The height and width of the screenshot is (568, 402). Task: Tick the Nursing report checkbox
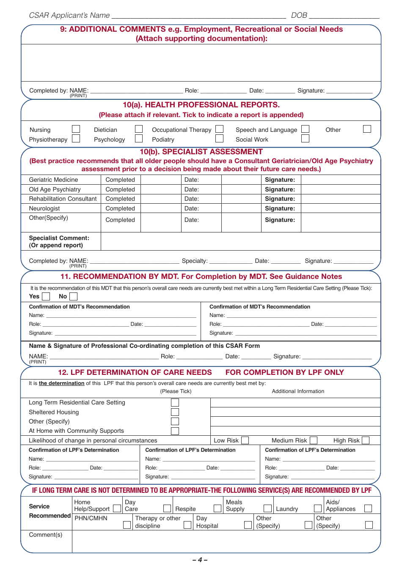[76, 129]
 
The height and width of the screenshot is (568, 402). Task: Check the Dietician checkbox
[139, 129]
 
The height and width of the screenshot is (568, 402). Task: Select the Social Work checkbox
[305, 139]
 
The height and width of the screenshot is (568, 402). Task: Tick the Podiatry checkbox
[219, 139]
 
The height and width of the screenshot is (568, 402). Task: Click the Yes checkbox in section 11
[46, 297]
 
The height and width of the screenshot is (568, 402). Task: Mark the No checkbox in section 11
[74, 297]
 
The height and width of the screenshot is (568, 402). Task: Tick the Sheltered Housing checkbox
[175, 412]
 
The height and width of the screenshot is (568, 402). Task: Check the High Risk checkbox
[366, 440]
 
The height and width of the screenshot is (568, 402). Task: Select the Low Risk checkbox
[245, 440]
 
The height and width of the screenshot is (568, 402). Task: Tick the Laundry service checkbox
[318, 508]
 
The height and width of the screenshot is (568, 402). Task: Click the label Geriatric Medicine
[53, 180]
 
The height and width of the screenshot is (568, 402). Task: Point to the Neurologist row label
[44, 208]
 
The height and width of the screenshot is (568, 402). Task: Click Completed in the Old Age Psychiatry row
[120, 189]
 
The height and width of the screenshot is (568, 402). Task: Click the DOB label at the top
[299, 15]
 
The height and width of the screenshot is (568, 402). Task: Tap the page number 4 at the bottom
[200, 560]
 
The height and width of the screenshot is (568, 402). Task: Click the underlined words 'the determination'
[61, 383]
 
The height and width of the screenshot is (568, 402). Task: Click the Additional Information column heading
[298, 391]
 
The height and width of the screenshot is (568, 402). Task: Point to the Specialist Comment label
[59, 238]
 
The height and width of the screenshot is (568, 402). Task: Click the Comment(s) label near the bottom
[46, 535]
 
